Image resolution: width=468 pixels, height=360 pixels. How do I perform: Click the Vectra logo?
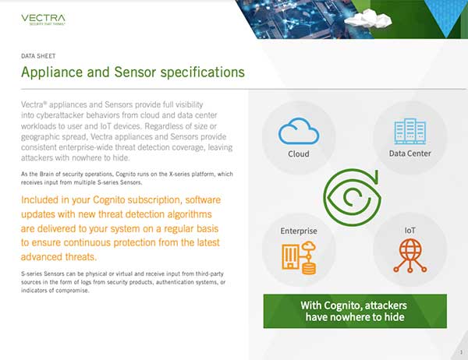[x=43, y=19]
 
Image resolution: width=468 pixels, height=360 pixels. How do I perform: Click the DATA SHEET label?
[x=38, y=56]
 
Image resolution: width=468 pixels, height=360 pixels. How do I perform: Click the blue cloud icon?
[x=299, y=131]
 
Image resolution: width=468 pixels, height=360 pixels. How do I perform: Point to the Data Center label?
[x=409, y=154]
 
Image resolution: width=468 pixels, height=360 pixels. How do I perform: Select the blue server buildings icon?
[x=409, y=131]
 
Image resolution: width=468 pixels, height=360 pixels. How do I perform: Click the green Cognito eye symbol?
[x=353, y=197]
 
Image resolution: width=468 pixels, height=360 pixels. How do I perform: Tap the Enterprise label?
[x=299, y=231]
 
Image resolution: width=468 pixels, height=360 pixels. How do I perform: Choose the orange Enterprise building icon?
[x=299, y=258]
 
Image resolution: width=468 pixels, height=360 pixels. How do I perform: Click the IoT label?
[x=409, y=231]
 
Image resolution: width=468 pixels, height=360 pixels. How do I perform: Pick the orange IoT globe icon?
[x=410, y=256]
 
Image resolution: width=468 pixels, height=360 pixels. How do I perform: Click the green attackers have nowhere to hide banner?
[x=355, y=311]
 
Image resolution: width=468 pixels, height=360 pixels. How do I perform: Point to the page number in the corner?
[x=461, y=352]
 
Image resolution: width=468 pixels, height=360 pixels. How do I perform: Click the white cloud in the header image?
[x=368, y=19]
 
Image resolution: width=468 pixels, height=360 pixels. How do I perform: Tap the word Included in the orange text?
[x=40, y=199]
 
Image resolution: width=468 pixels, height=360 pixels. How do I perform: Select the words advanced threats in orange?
[x=58, y=257]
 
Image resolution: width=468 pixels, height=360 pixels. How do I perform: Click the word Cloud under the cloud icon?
[x=299, y=154]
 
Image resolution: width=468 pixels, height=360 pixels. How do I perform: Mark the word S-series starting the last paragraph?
[x=31, y=274]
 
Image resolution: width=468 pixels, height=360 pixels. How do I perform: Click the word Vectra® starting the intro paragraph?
[x=34, y=104]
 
